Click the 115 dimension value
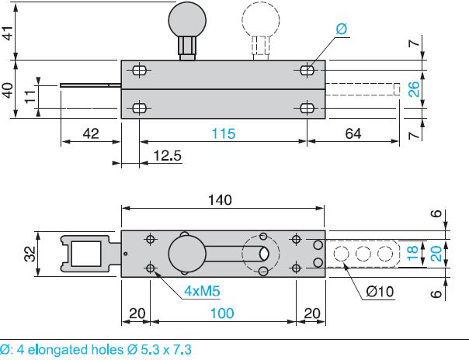(x=223, y=134)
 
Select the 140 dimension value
(x=221, y=199)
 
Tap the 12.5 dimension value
(x=167, y=156)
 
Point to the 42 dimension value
(x=91, y=134)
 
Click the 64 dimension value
(x=353, y=134)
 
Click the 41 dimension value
(x=8, y=34)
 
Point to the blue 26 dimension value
(x=415, y=89)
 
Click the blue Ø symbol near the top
(x=342, y=29)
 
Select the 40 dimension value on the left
(x=8, y=89)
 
